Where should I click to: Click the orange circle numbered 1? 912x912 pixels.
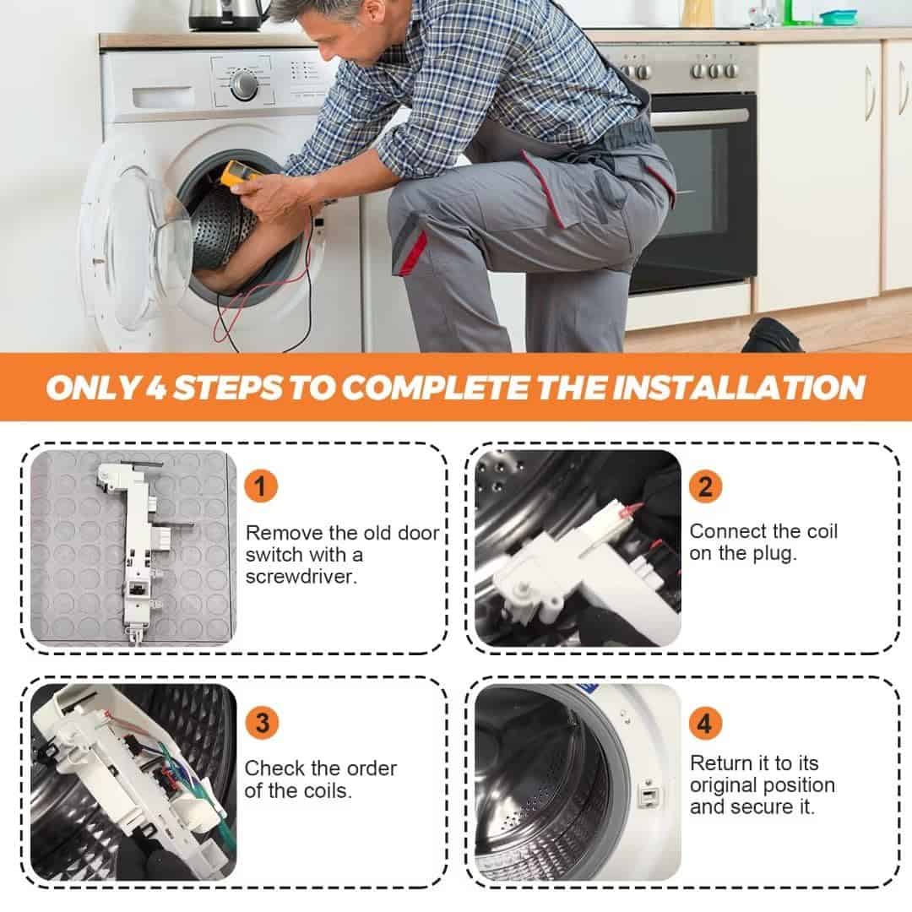tap(261, 486)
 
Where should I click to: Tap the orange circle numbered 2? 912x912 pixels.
tap(705, 486)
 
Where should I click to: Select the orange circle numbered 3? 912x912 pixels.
tap(263, 723)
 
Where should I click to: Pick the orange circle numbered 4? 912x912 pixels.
tap(705, 723)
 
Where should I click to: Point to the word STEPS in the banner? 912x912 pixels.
tap(228, 388)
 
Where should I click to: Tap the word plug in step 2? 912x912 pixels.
tap(774, 554)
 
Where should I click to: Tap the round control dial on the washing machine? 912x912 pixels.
tap(244, 85)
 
